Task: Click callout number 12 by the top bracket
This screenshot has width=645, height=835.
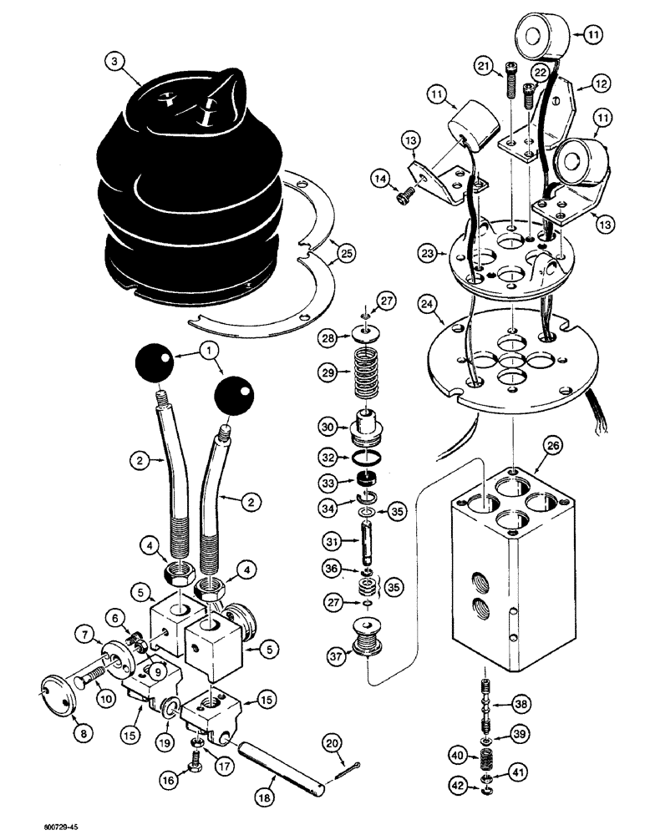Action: point(600,83)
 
